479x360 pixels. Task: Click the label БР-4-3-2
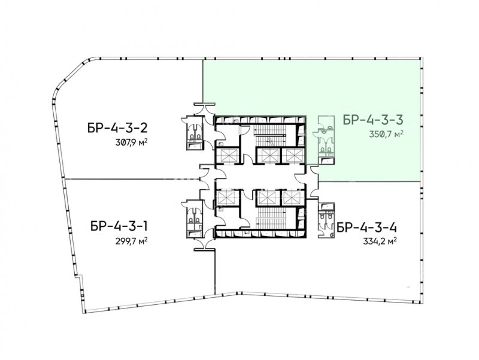(x=117, y=128)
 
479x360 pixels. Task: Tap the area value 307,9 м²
(x=129, y=143)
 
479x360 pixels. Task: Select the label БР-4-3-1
(x=119, y=226)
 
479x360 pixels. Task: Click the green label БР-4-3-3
(x=373, y=119)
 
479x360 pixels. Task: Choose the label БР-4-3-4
(x=366, y=228)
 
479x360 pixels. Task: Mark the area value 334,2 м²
(x=380, y=242)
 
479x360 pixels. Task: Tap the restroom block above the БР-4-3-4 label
(x=326, y=220)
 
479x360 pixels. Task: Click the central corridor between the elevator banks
(x=260, y=177)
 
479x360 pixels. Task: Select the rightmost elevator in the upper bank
(x=293, y=156)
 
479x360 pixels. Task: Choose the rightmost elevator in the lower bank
(x=293, y=198)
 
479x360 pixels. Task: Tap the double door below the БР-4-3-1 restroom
(x=205, y=244)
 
